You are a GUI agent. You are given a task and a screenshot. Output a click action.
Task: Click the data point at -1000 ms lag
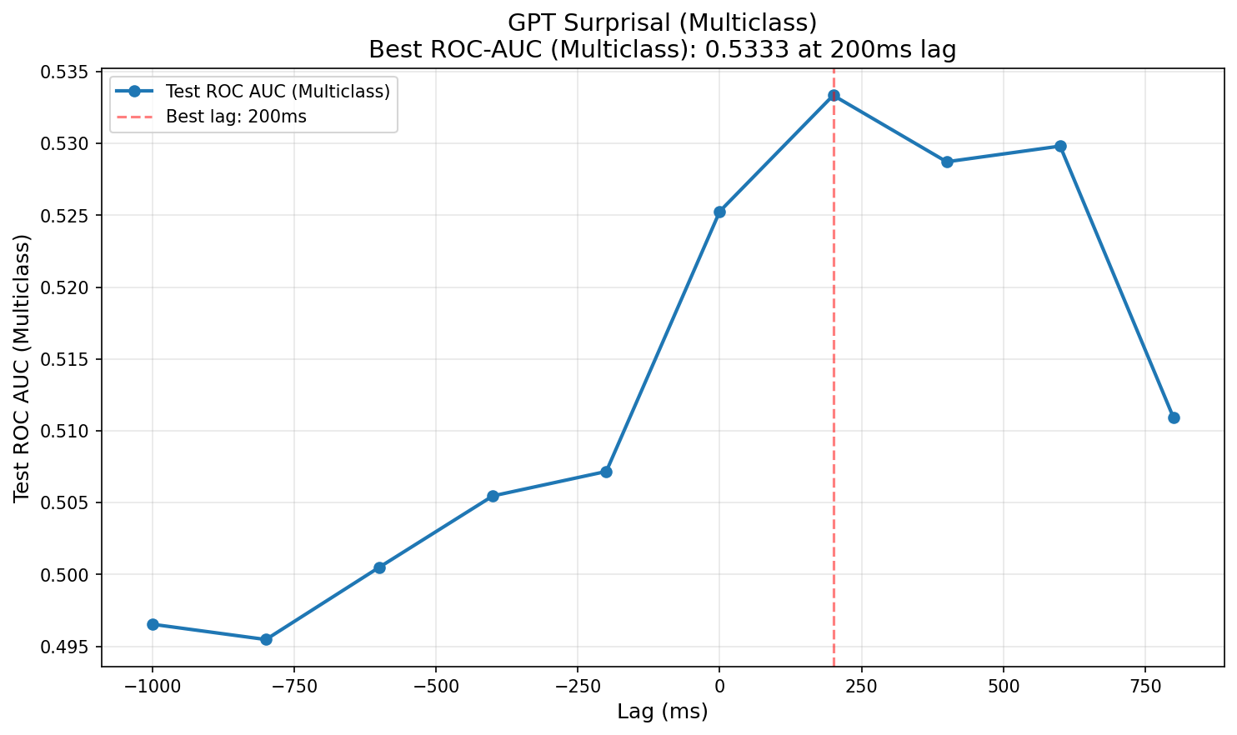click(153, 624)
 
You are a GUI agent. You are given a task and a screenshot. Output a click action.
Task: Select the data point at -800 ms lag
click(266, 639)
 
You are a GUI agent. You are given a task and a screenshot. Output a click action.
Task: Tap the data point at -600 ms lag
click(379, 567)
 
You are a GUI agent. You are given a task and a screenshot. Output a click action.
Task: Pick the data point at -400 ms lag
click(493, 496)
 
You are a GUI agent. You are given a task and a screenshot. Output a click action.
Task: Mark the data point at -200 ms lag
click(606, 472)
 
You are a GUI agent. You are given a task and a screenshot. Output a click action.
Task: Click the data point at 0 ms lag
click(719, 212)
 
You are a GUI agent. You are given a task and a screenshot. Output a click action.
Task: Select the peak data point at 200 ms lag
click(834, 95)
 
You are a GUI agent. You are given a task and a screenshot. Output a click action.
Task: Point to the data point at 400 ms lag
click(947, 162)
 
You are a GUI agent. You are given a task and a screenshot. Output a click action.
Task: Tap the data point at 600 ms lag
click(1060, 146)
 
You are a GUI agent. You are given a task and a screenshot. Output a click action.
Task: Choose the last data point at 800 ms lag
click(1174, 417)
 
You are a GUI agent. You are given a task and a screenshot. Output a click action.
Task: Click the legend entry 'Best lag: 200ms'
click(236, 117)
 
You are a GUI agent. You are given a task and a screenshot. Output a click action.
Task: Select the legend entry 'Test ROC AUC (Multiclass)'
click(278, 92)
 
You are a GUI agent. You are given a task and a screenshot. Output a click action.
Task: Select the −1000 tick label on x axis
click(152, 685)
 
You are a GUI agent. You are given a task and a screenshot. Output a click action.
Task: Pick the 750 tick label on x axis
click(1144, 685)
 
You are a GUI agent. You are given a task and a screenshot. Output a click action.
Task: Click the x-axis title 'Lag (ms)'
click(663, 712)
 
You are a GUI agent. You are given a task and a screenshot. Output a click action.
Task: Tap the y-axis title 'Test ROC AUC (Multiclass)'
click(22, 367)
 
